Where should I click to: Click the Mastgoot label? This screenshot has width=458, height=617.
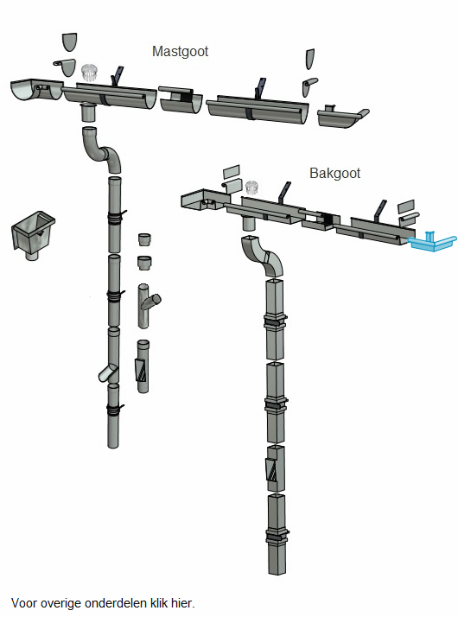tap(180, 52)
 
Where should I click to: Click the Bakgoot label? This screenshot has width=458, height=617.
tap(334, 173)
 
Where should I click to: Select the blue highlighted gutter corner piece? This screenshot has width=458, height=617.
tap(432, 242)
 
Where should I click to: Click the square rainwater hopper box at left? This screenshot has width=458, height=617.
tap(33, 235)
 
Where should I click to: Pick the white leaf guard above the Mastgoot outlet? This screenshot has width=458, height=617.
tap(89, 73)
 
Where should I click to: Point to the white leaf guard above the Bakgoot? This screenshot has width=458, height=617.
tap(251, 188)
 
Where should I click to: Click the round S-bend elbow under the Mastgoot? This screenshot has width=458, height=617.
tap(101, 149)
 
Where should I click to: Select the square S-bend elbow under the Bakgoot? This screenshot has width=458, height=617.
tap(262, 256)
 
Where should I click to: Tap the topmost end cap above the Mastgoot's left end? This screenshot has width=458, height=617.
tap(70, 41)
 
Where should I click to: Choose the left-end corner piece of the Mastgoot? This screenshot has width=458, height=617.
tap(35, 89)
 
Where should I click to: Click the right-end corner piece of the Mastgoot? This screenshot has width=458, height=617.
tap(342, 117)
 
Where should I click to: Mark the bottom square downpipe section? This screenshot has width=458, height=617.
tap(277, 534)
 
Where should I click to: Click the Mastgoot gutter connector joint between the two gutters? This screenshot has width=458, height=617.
tap(181, 99)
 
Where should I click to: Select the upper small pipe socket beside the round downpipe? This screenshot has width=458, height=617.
tap(145, 239)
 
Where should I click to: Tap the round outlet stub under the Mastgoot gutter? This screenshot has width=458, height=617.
tap(88, 112)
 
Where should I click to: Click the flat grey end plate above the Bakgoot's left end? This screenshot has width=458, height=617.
tap(231, 172)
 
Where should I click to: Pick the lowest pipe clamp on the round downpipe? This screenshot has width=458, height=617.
tap(115, 410)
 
